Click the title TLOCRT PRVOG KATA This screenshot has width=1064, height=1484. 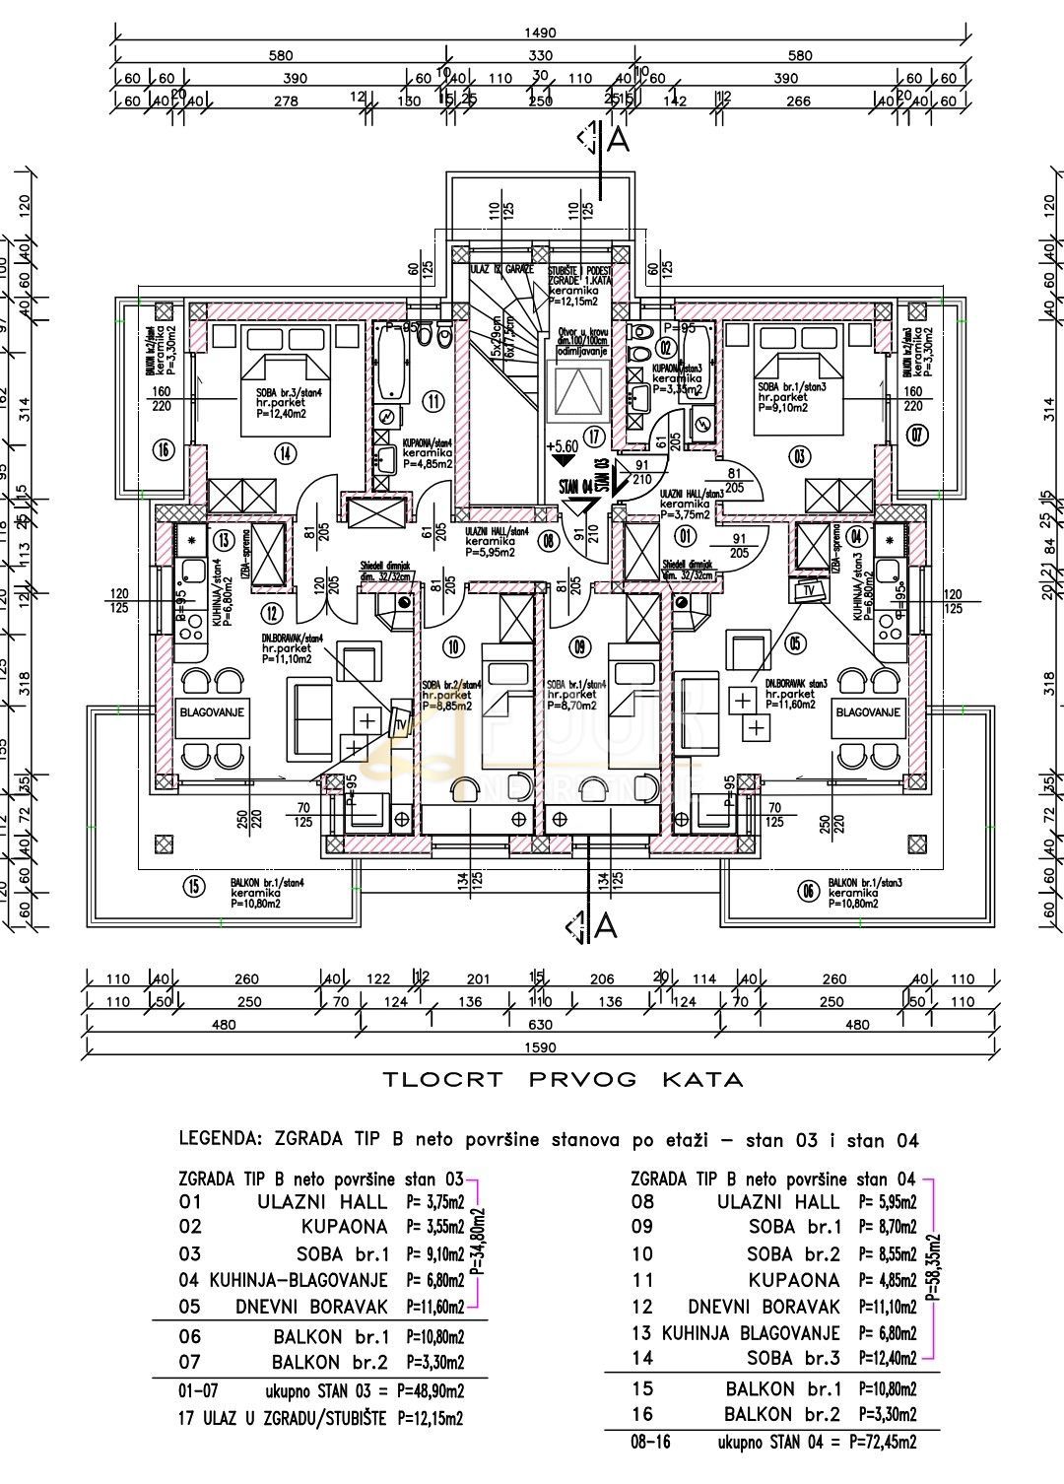(564, 1079)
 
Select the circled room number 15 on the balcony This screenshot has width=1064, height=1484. (194, 886)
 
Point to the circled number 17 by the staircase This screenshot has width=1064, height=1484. (592, 435)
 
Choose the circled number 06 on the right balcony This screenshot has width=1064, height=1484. (809, 891)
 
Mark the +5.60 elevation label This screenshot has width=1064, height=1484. (565, 444)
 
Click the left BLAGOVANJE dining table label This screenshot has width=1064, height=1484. (212, 711)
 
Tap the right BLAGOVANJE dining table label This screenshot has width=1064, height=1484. (868, 711)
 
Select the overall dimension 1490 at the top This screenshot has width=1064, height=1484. (541, 33)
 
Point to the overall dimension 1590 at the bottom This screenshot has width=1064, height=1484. (541, 1046)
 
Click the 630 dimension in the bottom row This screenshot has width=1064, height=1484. (540, 1024)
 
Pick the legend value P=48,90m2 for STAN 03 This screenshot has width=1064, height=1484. (432, 1391)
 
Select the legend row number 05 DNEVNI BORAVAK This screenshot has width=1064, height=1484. (189, 1308)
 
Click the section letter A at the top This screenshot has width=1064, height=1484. (619, 141)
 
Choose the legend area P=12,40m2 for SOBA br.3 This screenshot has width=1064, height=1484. (888, 1359)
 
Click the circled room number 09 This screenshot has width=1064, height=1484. (579, 647)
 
